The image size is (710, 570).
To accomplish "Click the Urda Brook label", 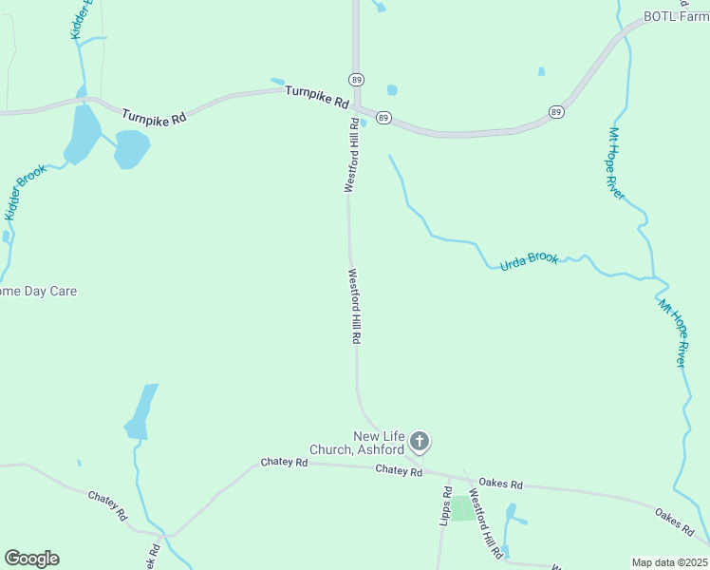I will click(x=529, y=259).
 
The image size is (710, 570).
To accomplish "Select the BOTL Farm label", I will click(x=677, y=16).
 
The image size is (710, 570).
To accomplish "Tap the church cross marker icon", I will click(x=420, y=442).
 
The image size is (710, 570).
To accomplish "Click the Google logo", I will click(x=31, y=559).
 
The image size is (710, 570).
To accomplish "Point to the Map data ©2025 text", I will click(x=670, y=562).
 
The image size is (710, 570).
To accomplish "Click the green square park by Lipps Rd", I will click(x=461, y=508).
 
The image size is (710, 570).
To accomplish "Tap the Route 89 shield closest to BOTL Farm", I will click(x=556, y=112).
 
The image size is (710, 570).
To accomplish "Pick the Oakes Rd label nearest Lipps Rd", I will click(x=501, y=484).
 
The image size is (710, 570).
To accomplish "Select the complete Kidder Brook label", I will click(x=25, y=193).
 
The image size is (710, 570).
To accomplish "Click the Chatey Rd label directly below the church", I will click(x=398, y=469).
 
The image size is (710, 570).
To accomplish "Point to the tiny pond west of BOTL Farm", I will click(x=541, y=71).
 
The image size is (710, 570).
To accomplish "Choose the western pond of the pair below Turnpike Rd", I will click(x=82, y=132).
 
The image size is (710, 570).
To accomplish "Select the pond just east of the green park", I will click(x=511, y=517).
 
